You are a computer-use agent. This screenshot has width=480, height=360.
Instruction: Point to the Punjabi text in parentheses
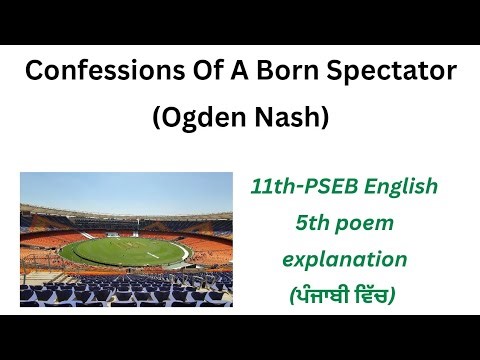(344, 296)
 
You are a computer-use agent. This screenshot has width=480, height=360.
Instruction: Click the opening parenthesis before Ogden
(157, 118)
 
